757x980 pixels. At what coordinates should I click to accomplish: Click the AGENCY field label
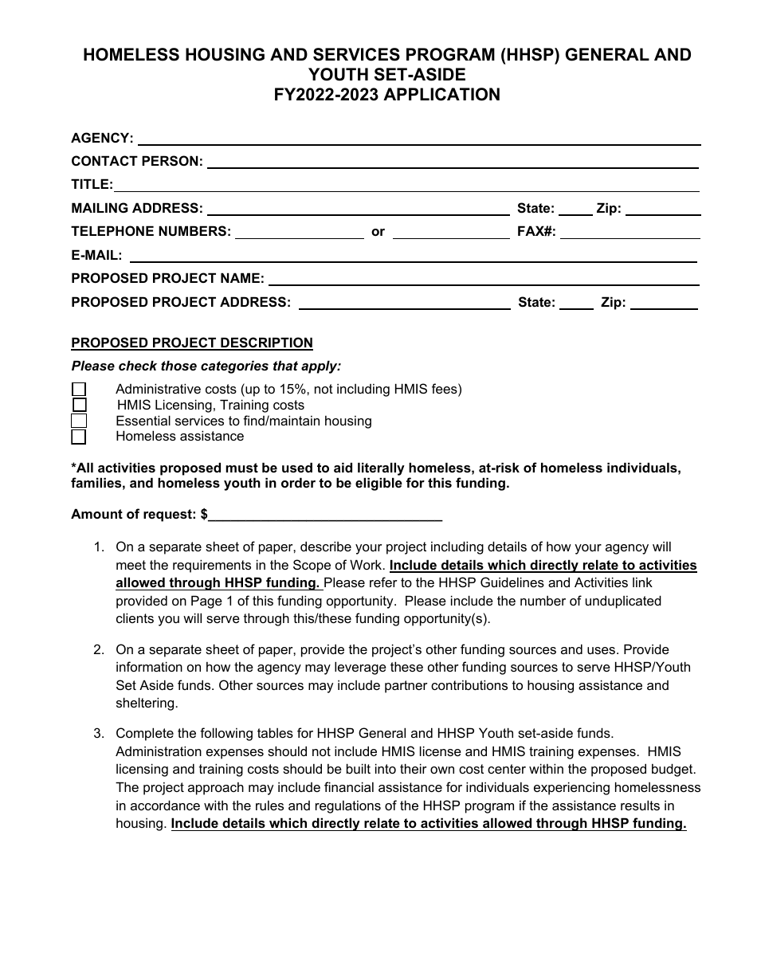pos(102,138)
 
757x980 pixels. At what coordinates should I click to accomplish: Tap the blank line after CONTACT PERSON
pos(453,163)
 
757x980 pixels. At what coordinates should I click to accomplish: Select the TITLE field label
pos(92,185)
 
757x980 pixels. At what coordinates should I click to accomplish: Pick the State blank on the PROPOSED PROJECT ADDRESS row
pos(576,303)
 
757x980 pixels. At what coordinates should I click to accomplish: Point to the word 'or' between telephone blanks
pos(378,232)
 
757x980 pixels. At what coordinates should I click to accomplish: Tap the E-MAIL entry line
pos(413,257)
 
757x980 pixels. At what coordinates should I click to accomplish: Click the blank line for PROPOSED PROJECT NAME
pos(484,280)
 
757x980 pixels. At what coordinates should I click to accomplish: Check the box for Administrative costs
pos(79,390)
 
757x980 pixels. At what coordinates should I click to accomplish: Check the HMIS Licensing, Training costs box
pos(79,405)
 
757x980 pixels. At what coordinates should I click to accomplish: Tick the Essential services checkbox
pos(79,421)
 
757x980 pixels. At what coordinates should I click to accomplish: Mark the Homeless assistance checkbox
pos(79,437)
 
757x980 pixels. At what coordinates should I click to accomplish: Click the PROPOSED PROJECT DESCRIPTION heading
pos(192,343)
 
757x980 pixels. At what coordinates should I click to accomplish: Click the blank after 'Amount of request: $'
pos(325,515)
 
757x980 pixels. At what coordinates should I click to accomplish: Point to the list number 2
pos(99,649)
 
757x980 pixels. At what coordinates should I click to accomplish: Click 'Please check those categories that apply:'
pos(206,367)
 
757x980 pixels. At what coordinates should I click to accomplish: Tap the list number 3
pos(99,733)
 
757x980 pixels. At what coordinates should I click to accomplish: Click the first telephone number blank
pos(299,233)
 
